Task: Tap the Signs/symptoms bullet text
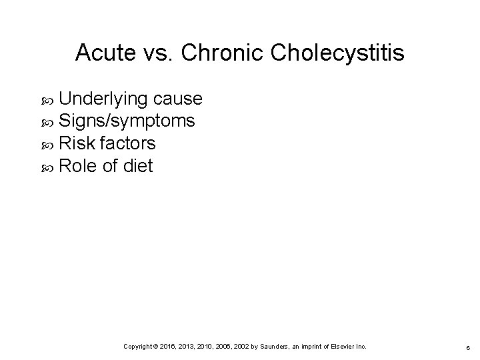point(127,122)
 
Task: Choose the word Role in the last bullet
point(77,166)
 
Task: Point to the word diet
point(138,166)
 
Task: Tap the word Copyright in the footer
point(139,347)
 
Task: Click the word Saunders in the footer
point(271,347)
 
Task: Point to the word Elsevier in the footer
point(342,347)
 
